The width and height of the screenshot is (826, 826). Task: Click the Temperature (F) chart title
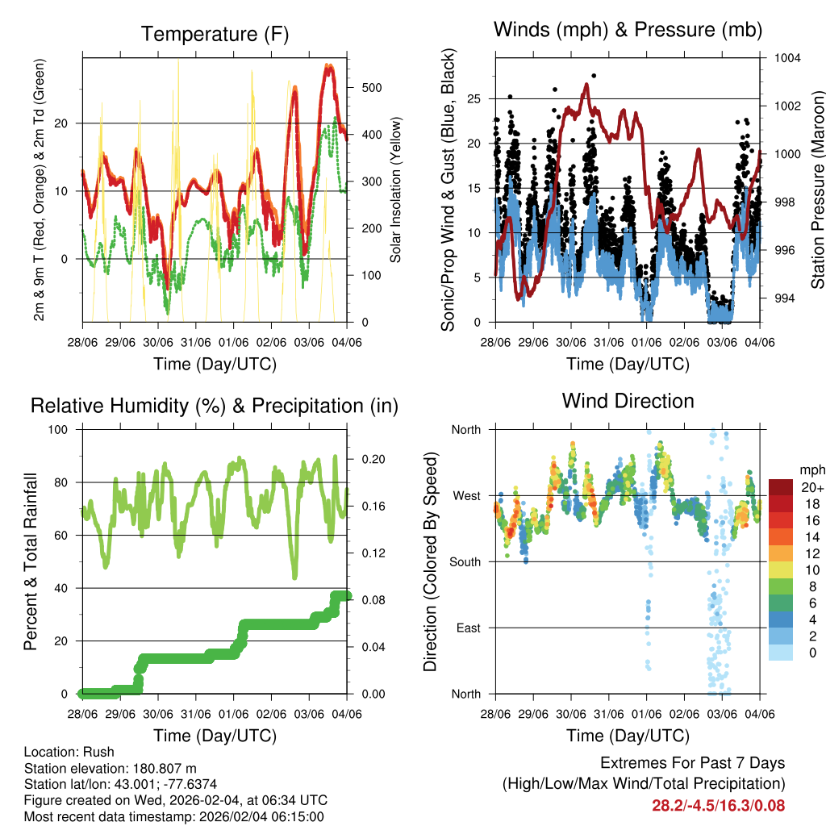coord(215,34)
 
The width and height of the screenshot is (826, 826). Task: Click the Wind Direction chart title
coord(628,401)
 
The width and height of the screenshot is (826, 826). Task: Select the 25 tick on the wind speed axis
coord(473,99)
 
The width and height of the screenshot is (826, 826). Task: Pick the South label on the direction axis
coord(465,561)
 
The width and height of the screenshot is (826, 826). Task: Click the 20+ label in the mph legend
coord(811,487)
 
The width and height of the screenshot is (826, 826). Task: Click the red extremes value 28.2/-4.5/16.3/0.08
coord(718,805)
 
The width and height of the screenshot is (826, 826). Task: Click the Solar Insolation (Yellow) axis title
coord(395,190)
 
